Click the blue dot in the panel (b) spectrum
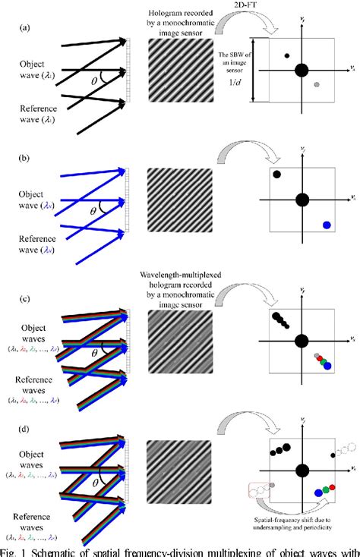click(327, 224)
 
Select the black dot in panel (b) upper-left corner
click(276, 175)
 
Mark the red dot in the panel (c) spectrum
click(321, 360)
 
